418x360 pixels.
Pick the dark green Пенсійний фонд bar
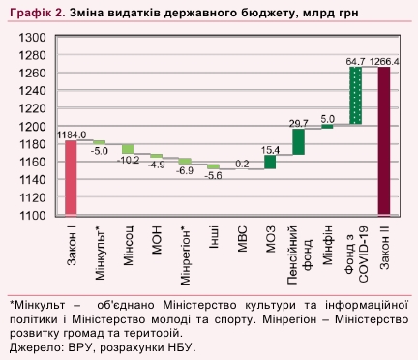(x=298, y=141)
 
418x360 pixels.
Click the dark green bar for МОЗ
(x=270, y=162)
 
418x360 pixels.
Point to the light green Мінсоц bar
(x=128, y=149)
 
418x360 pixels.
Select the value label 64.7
(x=355, y=61)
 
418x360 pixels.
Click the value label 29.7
(x=298, y=123)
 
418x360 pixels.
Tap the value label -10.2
(x=128, y=160)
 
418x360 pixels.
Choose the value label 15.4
(x=270, y=150)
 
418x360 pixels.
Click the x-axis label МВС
(x=242, y=238)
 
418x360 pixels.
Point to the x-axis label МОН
(x=156, y=238)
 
